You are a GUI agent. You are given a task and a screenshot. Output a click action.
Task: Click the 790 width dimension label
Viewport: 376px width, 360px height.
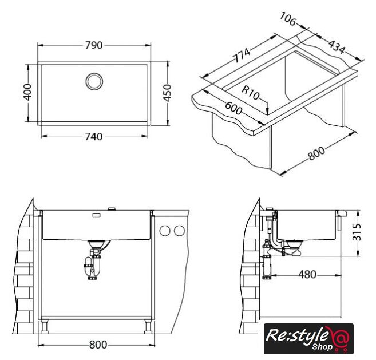pyautogui.click(x=94, y=45)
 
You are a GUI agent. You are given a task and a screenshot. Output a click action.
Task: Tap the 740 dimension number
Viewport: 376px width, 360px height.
pyautogui.click(x=94, y=137)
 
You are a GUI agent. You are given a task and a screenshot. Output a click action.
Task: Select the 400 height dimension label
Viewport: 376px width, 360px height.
pyautogui.click(x=27, y=92)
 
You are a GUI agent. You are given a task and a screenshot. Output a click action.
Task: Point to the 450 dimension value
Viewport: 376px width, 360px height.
pyautogui.click(x=167, y=93)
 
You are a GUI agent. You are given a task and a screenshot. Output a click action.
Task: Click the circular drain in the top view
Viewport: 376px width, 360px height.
pyautogui.click(x=94, y=81)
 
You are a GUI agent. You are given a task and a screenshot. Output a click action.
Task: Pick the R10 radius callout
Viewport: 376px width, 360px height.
pyautogui.click(x=251, y=93)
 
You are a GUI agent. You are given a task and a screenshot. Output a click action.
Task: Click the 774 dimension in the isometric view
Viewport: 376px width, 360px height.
pyautogui.click(x=242, y=55)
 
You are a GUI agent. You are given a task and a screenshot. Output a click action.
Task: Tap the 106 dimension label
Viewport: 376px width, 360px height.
pyautogui.click(x=288, y=19)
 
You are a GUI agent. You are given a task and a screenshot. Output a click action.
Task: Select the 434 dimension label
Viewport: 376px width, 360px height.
pyautogui.click(x=337, y=47)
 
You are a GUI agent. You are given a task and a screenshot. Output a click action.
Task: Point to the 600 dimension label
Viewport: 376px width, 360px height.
pyautogui.click(x=234, y=108)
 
